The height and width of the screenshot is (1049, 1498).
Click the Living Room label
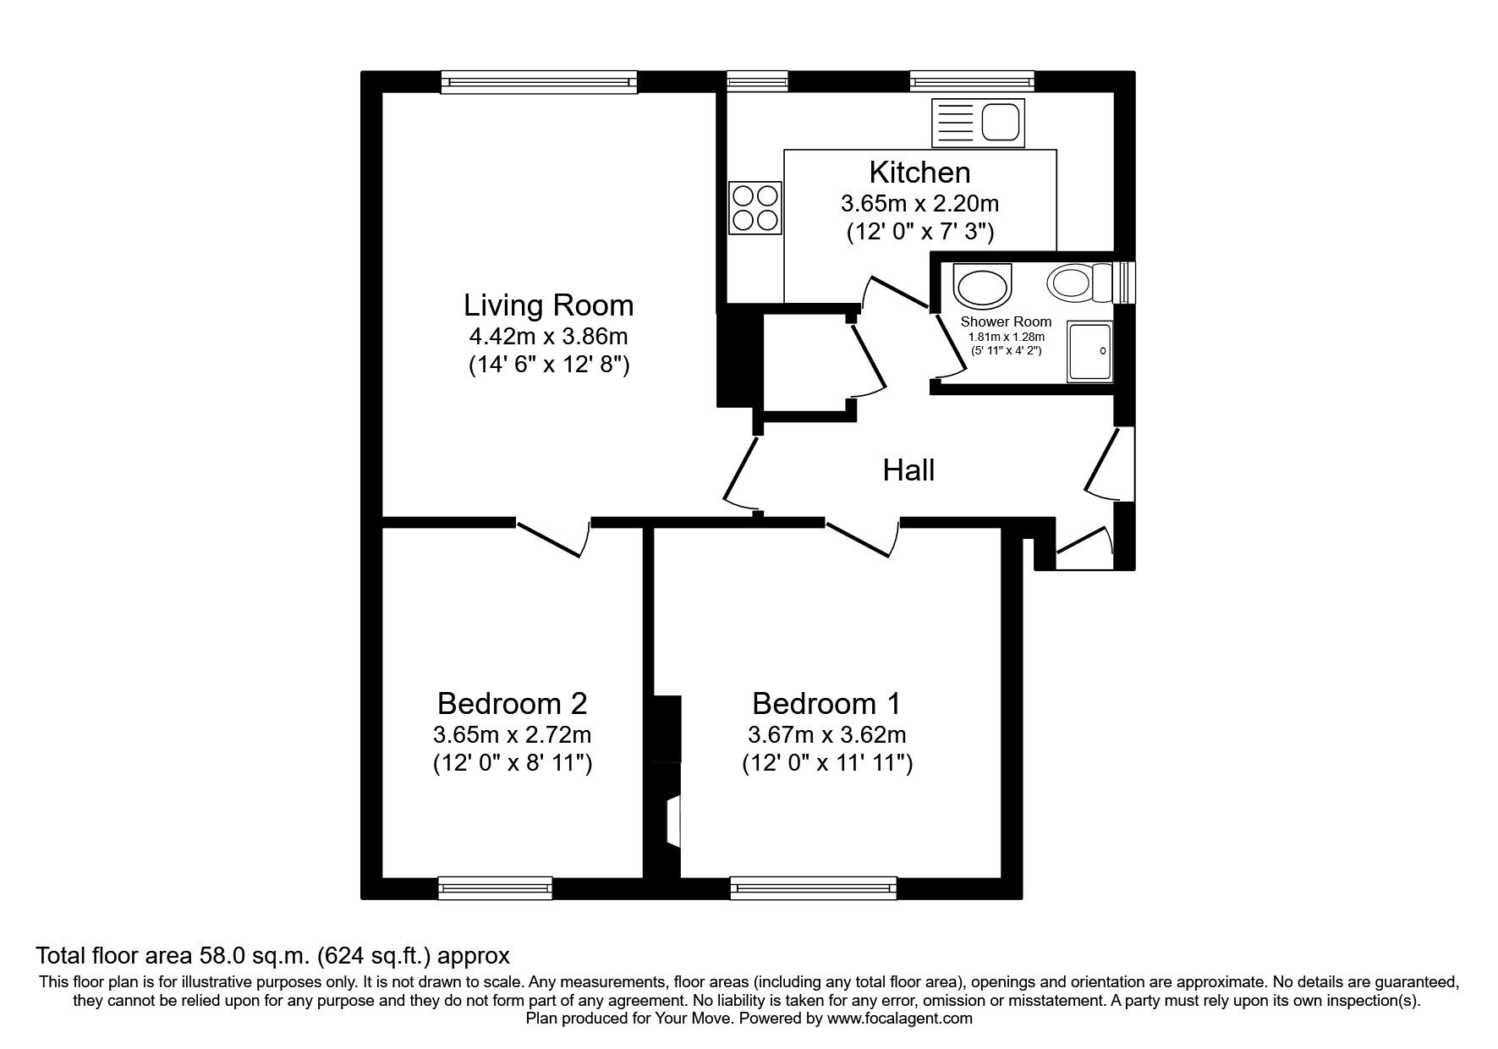(x=548, y=305)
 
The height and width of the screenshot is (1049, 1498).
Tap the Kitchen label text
(x=919, y=173)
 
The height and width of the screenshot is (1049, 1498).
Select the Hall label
(x=908, y=470)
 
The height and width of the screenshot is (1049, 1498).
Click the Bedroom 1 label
(x=826, y=703)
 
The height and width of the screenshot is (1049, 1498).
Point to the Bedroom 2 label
(x=512, y=703)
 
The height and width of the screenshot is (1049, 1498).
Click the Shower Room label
(x=1006, y=321)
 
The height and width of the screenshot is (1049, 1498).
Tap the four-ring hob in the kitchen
(x=754, y=208)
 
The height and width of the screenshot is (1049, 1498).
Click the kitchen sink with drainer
(x=977, y=121)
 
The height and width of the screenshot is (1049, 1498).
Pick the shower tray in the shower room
(x=1090, y=350)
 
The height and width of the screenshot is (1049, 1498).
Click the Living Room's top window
(x=539, y=81)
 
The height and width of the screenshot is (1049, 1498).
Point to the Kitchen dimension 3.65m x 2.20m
(x=919, y=204)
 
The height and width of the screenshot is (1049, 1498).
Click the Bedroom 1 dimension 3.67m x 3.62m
(x=826, y=734)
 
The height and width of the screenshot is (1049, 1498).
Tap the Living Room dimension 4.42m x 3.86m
(x=548, y=337)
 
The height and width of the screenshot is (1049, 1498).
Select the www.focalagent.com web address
(x=900, y=1019)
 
